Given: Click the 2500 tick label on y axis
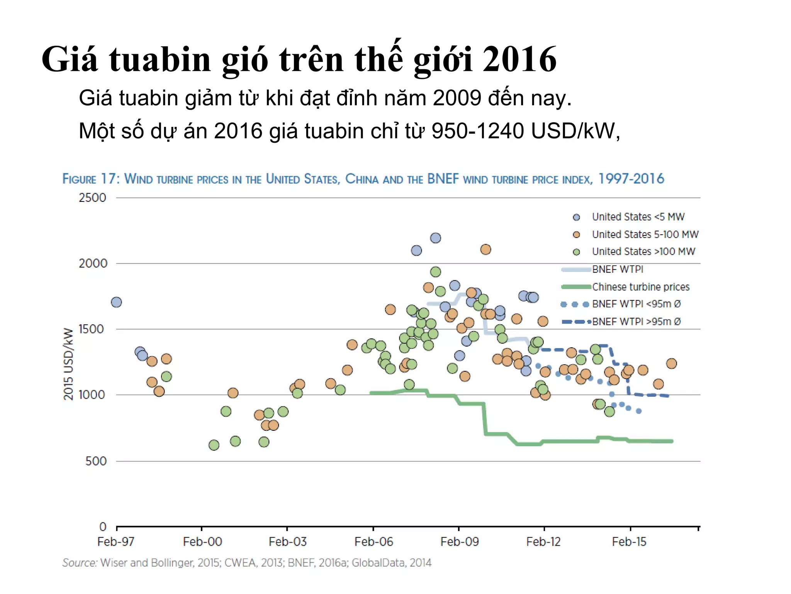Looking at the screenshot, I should tap(92, 198).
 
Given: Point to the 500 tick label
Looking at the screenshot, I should tap(96, 461).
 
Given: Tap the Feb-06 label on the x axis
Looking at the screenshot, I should tap(373, 541).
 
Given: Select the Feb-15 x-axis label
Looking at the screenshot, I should tap(629, 541).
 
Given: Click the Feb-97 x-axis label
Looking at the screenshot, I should tap(116, 541).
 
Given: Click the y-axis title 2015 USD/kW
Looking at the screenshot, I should tap(68, 364).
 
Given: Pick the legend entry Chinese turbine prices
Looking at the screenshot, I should tap(640, 287).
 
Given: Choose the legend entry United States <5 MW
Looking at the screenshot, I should tap(638, 217).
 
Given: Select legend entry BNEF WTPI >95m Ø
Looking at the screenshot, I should tap(636, 321).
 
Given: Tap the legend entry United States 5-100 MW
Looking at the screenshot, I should tap(645, 234).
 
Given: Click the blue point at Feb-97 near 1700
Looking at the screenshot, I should tap(116, 302).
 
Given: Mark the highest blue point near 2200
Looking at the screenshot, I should tap(435, 238).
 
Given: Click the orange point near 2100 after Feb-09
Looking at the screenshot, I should tap(485, 249).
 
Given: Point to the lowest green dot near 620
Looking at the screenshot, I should tap(214, 445).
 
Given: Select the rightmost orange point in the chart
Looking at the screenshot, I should tap(671, 364).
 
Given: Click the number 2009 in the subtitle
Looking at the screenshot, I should tap(457, 98).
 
